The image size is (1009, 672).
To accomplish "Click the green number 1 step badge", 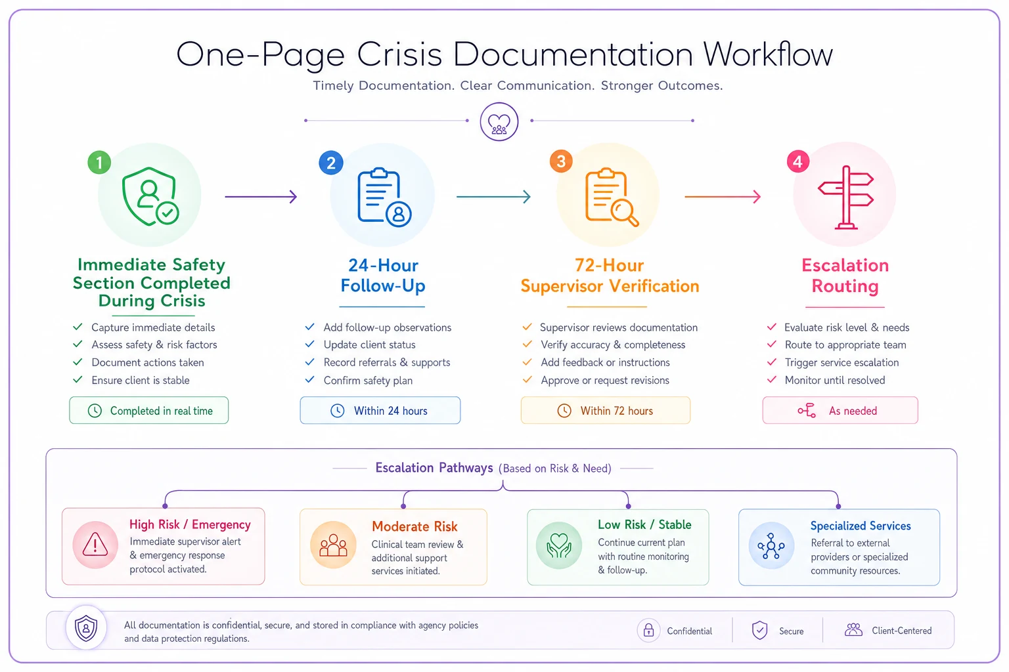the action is pyautogui.click(x=99, y=163).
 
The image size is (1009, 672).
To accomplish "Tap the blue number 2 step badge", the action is pyautogui.click(x=331, y=163).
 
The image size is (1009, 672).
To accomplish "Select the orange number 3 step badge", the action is pyautogui.click(x=561, y=161).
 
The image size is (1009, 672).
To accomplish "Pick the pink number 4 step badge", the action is pyautogui.click(x=797, y=161).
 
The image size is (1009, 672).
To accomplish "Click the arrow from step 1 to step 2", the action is pyautogui.click(x=261, y=197).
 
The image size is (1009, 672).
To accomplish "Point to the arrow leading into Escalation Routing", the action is pyautogui.click(x=723, y=197).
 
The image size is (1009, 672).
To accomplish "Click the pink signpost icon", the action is pyautogui.click(x=846, y=198).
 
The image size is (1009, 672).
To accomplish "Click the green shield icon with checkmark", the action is pyautogui.click(x=150, y=197).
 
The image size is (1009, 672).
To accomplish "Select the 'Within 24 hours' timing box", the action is pyautogui.click(x=380, y=410).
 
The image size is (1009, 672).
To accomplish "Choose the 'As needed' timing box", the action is pyautogui.click(x=840, y=410).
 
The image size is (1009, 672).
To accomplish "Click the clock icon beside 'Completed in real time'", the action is pyautogui.click(x=95, y=411).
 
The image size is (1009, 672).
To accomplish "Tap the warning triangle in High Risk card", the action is pyautogui.click(x=95, y=545).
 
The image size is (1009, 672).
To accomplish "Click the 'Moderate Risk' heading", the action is pyautogui.click(x=415, y=526).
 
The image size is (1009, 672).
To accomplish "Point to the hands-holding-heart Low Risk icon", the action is pyautogui.click(x=559, y=545).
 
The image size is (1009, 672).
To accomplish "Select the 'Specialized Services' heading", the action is pyautogui.click(x=861, y=526).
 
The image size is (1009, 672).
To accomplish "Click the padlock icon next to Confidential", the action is pyautogui.click(x=648, y=630).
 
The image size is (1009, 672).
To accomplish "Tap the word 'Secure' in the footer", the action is pyautogui.click(x=791, y=631).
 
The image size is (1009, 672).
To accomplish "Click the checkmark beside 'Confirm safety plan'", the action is pyautogui.click(x=309, y=379).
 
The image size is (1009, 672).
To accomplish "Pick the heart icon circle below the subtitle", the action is pyautogui.click(x=499, y=121).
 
